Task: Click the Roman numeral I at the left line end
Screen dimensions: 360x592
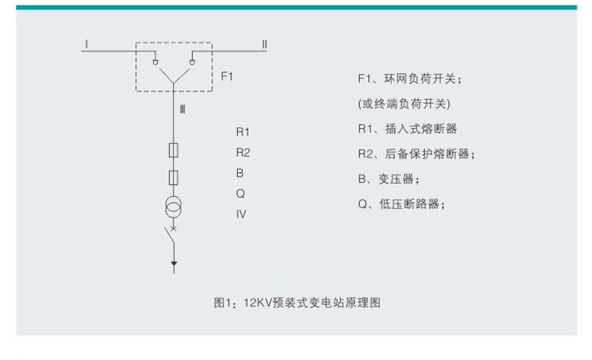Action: coord(86,41)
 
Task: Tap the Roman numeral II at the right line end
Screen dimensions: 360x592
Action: coord(264,42)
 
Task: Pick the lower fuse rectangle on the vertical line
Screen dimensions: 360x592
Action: coord(173,177)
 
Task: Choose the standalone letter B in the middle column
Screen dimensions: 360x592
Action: coord(239,173)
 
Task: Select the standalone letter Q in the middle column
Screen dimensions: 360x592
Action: coord(240,193)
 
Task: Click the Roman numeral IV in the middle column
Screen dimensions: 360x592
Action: coord(241,214)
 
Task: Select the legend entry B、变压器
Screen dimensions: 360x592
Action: coord(387,179)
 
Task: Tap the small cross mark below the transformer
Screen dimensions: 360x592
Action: coord(173,227)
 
